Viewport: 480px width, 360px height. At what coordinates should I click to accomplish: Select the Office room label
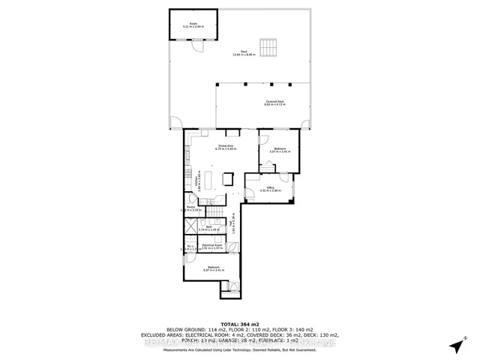[x=270, y=189]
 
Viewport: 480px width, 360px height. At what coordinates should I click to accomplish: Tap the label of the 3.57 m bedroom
[x=280, y=150]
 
